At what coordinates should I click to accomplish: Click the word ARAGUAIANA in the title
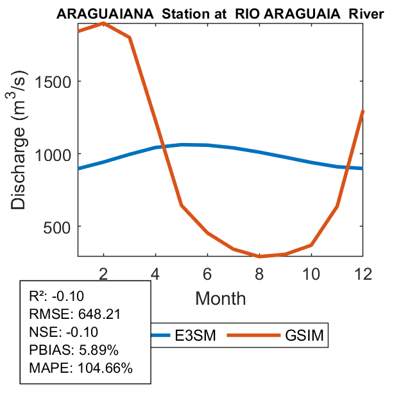pos(95,14)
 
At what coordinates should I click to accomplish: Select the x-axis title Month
pos(221,298)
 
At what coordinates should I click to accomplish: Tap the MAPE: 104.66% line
pos(81,369)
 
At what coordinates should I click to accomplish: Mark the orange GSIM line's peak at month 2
pos(104,23)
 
